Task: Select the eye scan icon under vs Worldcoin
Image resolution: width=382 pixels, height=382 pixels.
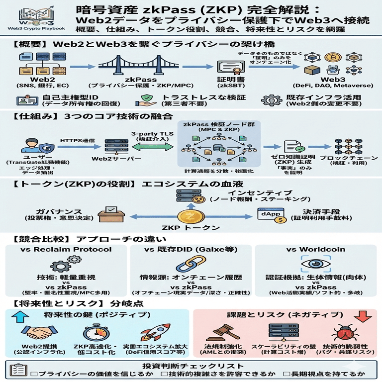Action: [316, 264]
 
